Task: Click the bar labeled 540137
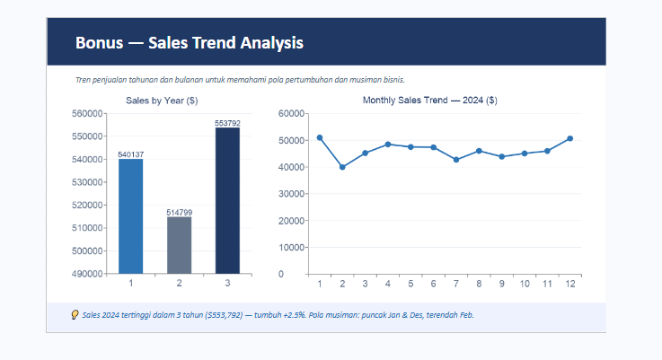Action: pyautogui.click(x=130, y=216)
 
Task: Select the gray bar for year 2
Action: pyautogui.click(x=179, y=245)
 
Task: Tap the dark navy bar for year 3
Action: pyautogui.click(x=227, y=200)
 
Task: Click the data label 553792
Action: pyautogui.click(x=227, y=123)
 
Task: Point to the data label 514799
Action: pyautogui.click(x=179, y=212)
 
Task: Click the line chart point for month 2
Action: pyautogui.click(x=342, y=167)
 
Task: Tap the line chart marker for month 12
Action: pyautogui.click(x=570, y=138)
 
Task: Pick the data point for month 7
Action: pyautogui.click(x=456, y=160)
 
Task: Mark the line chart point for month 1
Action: pyautogui.click(x=320, y=137)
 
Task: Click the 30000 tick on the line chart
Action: pyautogui.click(x=291, y=194)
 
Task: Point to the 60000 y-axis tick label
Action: pyautogui.click(x=291, y=113)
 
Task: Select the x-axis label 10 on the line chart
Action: pyautogui.click(x=525, y=284)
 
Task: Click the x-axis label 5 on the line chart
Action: pyautogui.click(x=410, y=284)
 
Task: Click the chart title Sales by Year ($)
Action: pyautogui.click(x=162, y=101)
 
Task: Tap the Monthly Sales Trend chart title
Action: pyautogui.click(x=429, y=101)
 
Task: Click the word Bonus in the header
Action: pyautogui.click(x=99, y=42)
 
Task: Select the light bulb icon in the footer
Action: pyautogui.click(x=75, y=315)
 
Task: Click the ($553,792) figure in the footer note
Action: pyautogui.click(x=224, y=315)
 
